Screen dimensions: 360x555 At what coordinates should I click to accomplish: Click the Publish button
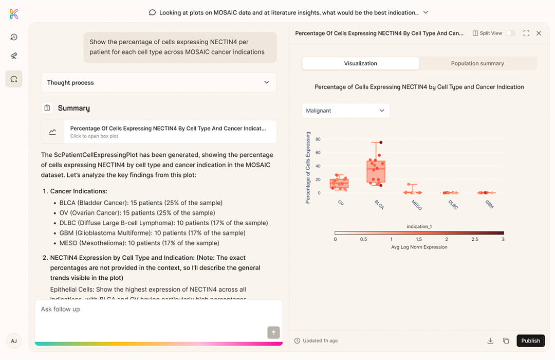click(530, 340)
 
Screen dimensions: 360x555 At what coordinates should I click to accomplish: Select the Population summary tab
click(477, 63)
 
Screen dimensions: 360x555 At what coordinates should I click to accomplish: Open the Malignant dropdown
click(345, 111)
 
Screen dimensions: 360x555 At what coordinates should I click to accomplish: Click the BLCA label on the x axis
click(380, 204)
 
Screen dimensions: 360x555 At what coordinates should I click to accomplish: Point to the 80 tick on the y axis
click(318, 139)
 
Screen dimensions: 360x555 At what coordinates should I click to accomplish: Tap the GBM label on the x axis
click(489, 204)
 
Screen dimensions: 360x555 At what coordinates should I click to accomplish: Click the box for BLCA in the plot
click(376, 172)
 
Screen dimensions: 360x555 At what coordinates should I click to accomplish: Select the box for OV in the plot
click(339, 183)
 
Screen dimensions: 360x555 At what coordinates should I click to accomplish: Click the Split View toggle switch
click(510, 33)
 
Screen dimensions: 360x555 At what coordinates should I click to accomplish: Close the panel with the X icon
click(539, 33)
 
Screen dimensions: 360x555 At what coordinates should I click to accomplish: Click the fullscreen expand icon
click(526, 33)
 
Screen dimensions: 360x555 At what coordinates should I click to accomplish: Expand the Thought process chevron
click(266, 82)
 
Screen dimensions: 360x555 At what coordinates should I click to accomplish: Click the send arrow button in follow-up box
click(273, 332)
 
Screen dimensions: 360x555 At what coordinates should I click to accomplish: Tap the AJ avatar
click(14, 341)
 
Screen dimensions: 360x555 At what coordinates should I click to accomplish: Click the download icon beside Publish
click(490, 340)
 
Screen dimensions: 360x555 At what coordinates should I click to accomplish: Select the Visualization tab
click(360, 63)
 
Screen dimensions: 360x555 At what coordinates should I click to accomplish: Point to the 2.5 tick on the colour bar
click(475, 240)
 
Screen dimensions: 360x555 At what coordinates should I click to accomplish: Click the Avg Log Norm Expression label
click(419, 247)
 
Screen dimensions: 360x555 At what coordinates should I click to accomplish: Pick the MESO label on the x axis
click(416, 204)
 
